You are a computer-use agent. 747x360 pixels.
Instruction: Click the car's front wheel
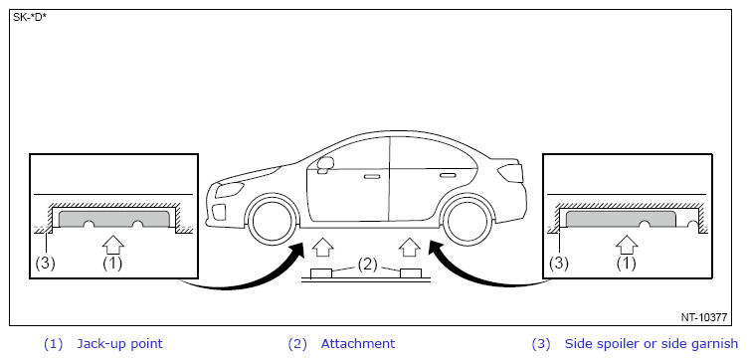(271, 222)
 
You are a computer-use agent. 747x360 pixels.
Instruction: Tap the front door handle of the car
(372, 177)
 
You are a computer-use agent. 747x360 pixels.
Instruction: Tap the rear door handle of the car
(448, 176)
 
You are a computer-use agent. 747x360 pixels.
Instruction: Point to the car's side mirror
(325, 164)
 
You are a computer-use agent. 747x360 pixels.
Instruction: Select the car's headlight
(230, 190)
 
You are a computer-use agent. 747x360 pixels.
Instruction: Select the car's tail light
(510, 172)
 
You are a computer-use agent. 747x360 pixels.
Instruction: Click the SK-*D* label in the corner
(30, 18)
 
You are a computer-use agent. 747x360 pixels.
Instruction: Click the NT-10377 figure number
(703, 317)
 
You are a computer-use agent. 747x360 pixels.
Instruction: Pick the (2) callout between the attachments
(367, 264)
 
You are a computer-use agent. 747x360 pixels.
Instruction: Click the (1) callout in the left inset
(113, 263)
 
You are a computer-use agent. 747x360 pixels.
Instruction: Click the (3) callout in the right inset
(559, 263)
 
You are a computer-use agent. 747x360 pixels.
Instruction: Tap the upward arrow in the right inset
(627, 245)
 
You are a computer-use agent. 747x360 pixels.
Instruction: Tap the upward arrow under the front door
(322, 248)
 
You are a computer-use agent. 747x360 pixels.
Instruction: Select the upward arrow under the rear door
(410, 248)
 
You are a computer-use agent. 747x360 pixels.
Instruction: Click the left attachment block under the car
(321, 273)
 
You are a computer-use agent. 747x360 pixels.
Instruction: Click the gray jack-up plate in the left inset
(113, 219)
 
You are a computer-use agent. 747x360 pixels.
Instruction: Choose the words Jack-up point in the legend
(119, 344)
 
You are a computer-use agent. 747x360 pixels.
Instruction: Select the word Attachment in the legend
(358, 344)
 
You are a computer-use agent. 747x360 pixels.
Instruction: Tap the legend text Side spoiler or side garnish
(651, 344)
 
